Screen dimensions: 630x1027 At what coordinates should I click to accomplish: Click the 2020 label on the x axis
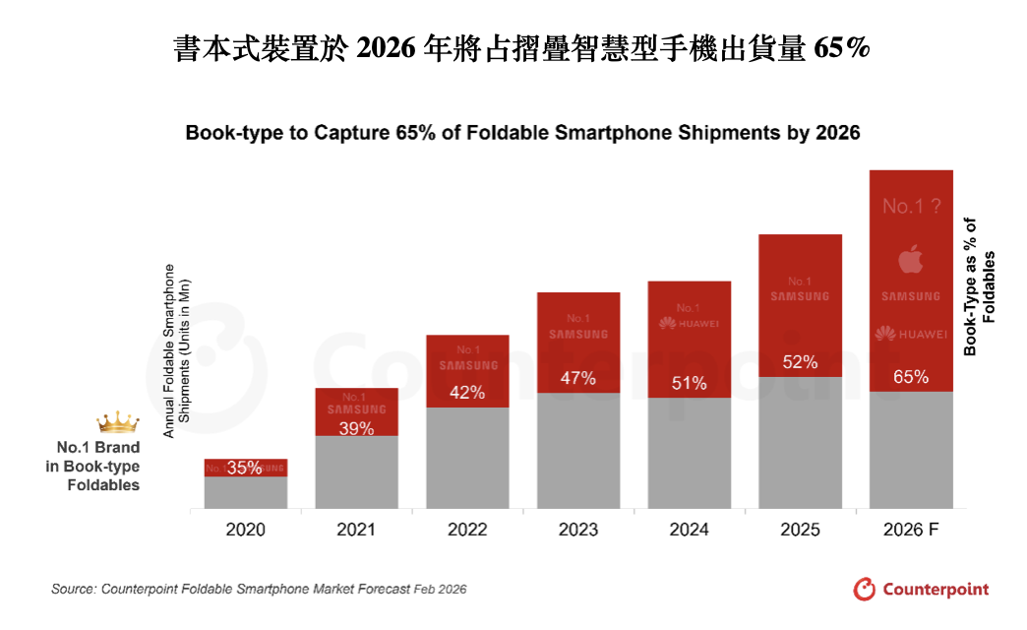tap(245, 530)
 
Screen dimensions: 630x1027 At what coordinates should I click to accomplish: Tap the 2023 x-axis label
tap(578, 530)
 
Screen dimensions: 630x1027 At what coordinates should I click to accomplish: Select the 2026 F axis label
tap(911, 530)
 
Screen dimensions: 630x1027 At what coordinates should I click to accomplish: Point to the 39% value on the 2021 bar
tap(356, 428)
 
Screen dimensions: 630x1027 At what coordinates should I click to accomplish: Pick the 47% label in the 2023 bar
tap(578, 378)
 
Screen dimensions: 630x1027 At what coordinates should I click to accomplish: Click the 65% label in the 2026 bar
tap(911, 377)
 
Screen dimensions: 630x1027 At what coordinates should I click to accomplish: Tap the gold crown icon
tap(118, 423)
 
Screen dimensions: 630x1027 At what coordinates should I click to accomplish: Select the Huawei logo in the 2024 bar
tap(689, 323)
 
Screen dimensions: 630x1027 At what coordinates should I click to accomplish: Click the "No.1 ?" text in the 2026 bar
tap(911, 207)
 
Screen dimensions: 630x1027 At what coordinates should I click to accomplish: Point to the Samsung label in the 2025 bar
tap(800, 295)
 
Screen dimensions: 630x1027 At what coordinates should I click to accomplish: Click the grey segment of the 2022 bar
tap(467, 458)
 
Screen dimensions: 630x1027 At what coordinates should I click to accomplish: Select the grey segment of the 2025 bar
tap(800, 443)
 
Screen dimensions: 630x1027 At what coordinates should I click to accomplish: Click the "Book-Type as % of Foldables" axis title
tap(980, 301)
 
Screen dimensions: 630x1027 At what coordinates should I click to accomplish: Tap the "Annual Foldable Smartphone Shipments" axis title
tap(176, 350)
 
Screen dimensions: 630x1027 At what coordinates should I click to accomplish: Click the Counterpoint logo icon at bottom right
tap(864, 589)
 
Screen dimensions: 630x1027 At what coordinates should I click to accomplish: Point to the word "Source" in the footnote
tap(73, 589)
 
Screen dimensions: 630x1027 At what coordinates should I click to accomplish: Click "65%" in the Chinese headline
tap(842, 47)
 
